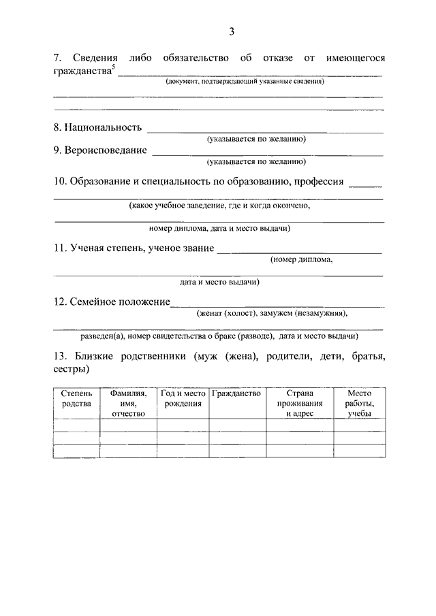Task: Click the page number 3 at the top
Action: (x=232, y=32)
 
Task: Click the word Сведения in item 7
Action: (x=92, y=59)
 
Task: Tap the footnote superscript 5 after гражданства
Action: (x=114, y=67)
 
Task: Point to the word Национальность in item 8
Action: (x=103, y=127)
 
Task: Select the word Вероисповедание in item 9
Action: (x=106, y=150)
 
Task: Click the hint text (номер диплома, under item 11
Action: (x=302, y=259)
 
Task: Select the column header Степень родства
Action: (x=76, y=398)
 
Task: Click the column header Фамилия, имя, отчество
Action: (x=128, y=403)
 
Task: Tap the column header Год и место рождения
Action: (x=183, y=398)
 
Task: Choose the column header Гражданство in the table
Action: (x=236, y=393)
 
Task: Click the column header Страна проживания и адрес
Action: (x=299, y=403)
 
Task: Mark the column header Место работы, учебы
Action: (x=358, y=403)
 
